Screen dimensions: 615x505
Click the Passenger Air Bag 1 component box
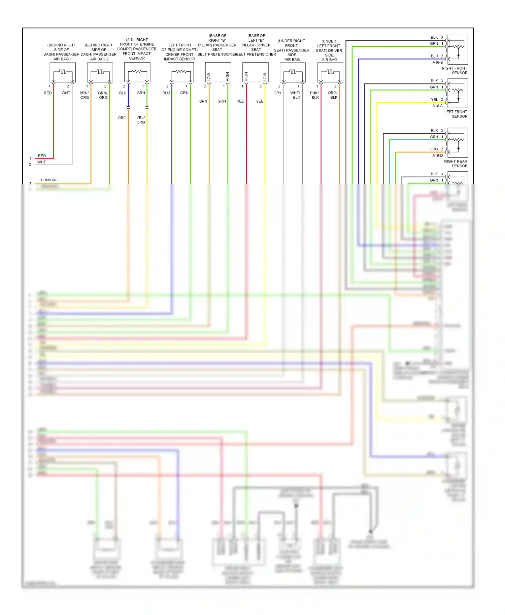63,72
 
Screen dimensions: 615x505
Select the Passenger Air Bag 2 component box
100,72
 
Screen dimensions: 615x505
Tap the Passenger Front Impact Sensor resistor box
137,72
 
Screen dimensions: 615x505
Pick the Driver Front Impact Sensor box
181,72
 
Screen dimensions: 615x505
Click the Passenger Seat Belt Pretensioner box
218,72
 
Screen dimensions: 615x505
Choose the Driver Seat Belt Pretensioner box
256,72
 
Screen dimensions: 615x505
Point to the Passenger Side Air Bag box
293,72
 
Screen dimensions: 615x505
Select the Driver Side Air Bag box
330,72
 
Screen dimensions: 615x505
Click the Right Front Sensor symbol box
458,49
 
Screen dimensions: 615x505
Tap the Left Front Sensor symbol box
458,93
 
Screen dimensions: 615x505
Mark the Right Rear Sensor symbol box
458,143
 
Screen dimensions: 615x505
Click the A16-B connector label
438,62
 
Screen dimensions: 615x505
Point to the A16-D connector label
438,155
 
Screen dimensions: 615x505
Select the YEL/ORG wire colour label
141,120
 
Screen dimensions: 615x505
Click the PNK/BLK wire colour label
315,95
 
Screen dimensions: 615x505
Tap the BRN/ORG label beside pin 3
49,180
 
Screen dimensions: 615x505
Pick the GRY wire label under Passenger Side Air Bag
277,93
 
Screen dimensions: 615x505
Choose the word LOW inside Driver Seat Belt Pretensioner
265,77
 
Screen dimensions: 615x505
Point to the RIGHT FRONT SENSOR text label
454,70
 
